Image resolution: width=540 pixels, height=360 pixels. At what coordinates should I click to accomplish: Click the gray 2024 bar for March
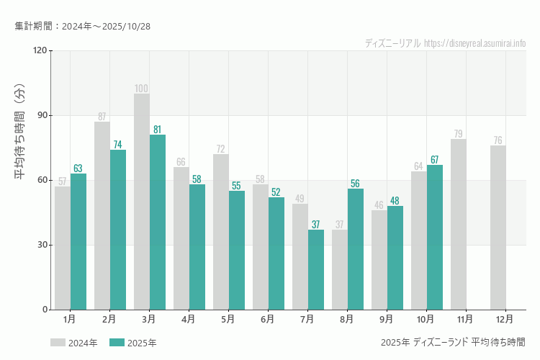(x=142, y=202)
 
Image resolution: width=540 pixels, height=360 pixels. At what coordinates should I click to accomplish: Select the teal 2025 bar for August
(x=355, y=249)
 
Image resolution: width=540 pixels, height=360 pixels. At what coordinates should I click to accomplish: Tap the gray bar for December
(x=498, y=228)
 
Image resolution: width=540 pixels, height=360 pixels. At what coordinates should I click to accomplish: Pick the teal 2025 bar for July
(x=315, y=270)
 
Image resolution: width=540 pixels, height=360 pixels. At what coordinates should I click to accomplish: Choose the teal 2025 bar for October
(x=434, y=238)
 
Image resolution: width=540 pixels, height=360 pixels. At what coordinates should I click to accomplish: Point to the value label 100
(x=142, y=89)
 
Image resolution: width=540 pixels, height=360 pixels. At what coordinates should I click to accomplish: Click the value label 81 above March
(x=157, y=130)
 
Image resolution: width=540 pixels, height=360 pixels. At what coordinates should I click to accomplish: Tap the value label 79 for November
(x=459, y=134)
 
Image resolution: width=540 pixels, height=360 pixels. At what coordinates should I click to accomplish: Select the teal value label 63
(x=78, y=168)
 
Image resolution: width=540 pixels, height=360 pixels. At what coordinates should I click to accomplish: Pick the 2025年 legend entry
(x=133, y=343)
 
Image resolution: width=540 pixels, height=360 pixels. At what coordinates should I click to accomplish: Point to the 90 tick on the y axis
(x=41, y=115)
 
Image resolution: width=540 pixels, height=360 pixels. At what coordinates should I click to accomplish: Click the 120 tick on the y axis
(x=39, y=50)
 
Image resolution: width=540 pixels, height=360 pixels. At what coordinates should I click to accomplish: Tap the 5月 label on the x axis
(x=228, y=318)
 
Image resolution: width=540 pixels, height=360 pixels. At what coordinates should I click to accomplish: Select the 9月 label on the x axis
(x=386, y=318)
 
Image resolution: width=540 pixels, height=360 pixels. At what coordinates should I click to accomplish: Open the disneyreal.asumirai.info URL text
(x=475, y=43)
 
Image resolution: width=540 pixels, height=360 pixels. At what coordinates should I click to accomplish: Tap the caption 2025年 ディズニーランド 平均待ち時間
(x=453, y=342)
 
